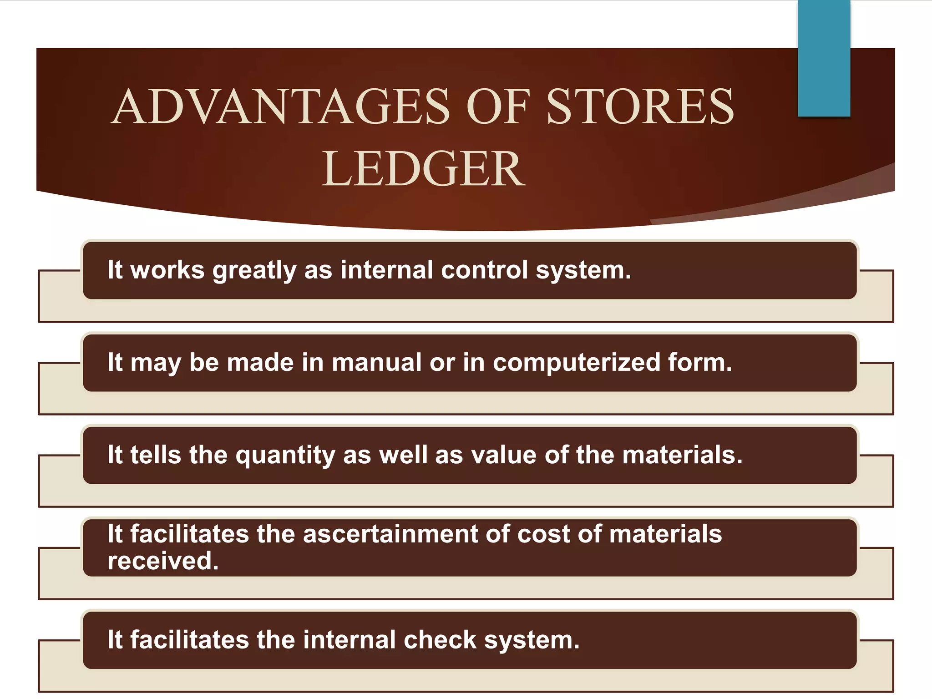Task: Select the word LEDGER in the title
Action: (x=423, y=169)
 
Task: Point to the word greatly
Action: (x=254, y=270)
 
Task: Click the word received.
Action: (x=163, y=561)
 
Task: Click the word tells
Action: (x=156, y=455)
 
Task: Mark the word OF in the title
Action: (x=498, y=107)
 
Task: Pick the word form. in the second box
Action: (x=700, y=363)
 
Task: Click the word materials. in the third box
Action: (x=682, y=455)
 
